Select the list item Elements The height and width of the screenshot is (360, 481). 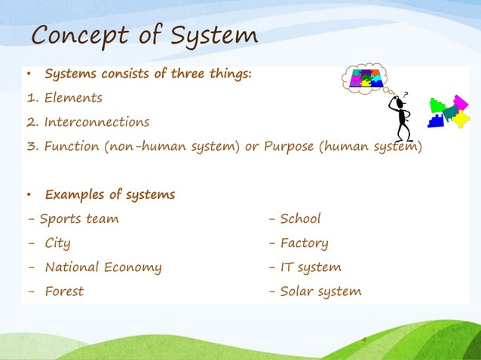point(72,98)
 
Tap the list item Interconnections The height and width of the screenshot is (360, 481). point(96,122)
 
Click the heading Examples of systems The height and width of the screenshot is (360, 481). point(109,195)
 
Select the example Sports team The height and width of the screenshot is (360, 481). point(78,219)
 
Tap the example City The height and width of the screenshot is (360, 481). point(57,243)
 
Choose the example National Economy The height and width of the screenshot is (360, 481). point(103,267)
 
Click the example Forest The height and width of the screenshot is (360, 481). point(64,291)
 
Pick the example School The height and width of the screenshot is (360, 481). point(300,219)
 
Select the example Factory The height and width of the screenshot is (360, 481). point(304,243)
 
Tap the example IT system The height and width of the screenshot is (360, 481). point(311,267)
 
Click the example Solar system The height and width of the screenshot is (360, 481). point(320,291)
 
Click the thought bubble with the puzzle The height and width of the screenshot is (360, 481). point(365,77)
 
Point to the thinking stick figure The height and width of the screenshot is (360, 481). point(402,117)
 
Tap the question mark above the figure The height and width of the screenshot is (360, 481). point(406,94)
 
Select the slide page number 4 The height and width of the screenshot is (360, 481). point(364,340)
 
